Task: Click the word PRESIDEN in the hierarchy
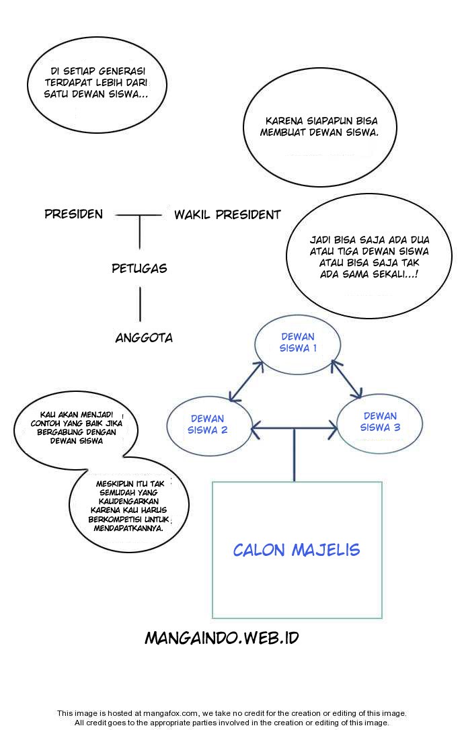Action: tap(74, 214)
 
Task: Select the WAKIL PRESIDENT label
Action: tap(227, 215)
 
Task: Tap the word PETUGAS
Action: tap(139, 269)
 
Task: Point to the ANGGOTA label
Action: tap(144, 338)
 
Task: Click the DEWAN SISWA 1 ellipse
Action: tap(298, 343)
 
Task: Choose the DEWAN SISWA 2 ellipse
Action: tap(208, 424)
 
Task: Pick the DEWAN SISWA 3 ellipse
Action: tap(380, 421)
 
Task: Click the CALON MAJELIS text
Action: tap(297, 550)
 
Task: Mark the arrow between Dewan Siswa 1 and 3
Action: tap(346, 378)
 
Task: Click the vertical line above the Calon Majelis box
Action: tap(295, 457)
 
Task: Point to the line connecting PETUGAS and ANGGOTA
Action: tap(140, 303)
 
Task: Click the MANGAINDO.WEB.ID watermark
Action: tap(222, 638)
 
